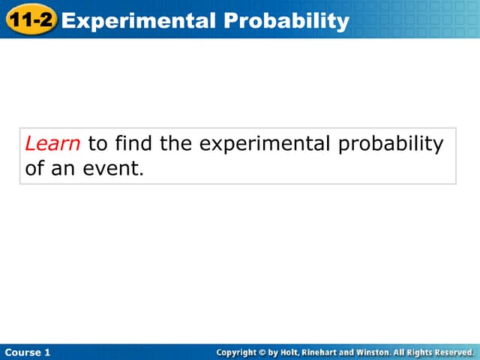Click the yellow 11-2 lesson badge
(31, 19)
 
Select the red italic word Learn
(52, 143)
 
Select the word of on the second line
(34, 169)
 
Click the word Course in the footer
(22, 352)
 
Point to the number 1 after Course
(48, 352)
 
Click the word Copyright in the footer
(236, 352)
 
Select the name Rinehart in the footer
(324, 352)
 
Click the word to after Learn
(97, 143)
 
